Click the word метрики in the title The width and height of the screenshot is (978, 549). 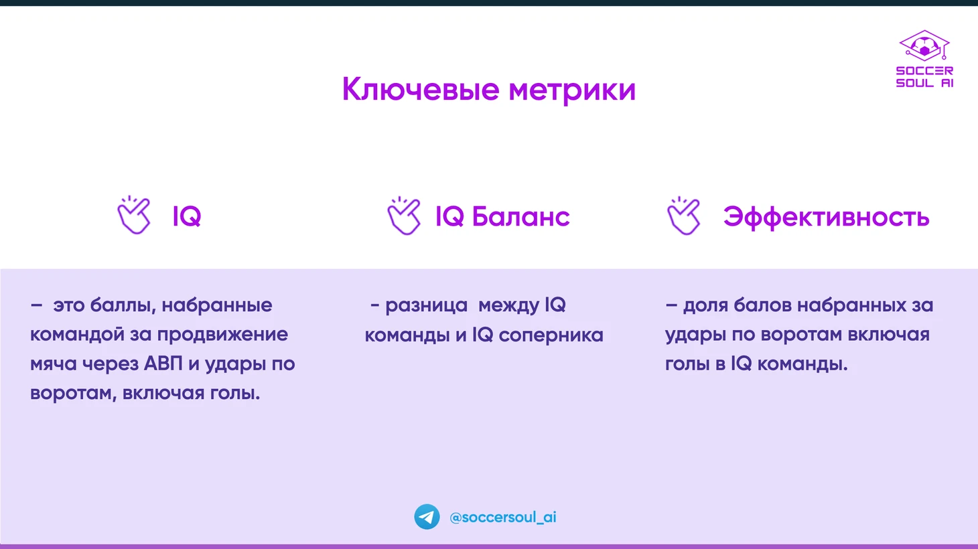click(572, 90)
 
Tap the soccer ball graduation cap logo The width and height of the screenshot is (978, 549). click(924, 46)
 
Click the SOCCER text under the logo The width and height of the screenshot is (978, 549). click(924, 71)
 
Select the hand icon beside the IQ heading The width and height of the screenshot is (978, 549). click(134, 215)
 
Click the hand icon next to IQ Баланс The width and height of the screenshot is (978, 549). click(404, 216)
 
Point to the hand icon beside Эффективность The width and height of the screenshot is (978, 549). click(683, 216)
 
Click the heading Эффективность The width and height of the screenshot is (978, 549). click(826, 217)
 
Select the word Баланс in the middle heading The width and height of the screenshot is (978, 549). click(521, 216)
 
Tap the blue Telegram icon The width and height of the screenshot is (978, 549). click(427, 517)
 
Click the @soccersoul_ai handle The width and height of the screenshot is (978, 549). click(503, 518)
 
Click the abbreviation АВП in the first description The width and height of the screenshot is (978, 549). click(163, 364)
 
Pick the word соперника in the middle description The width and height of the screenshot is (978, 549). click(551, 335)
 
